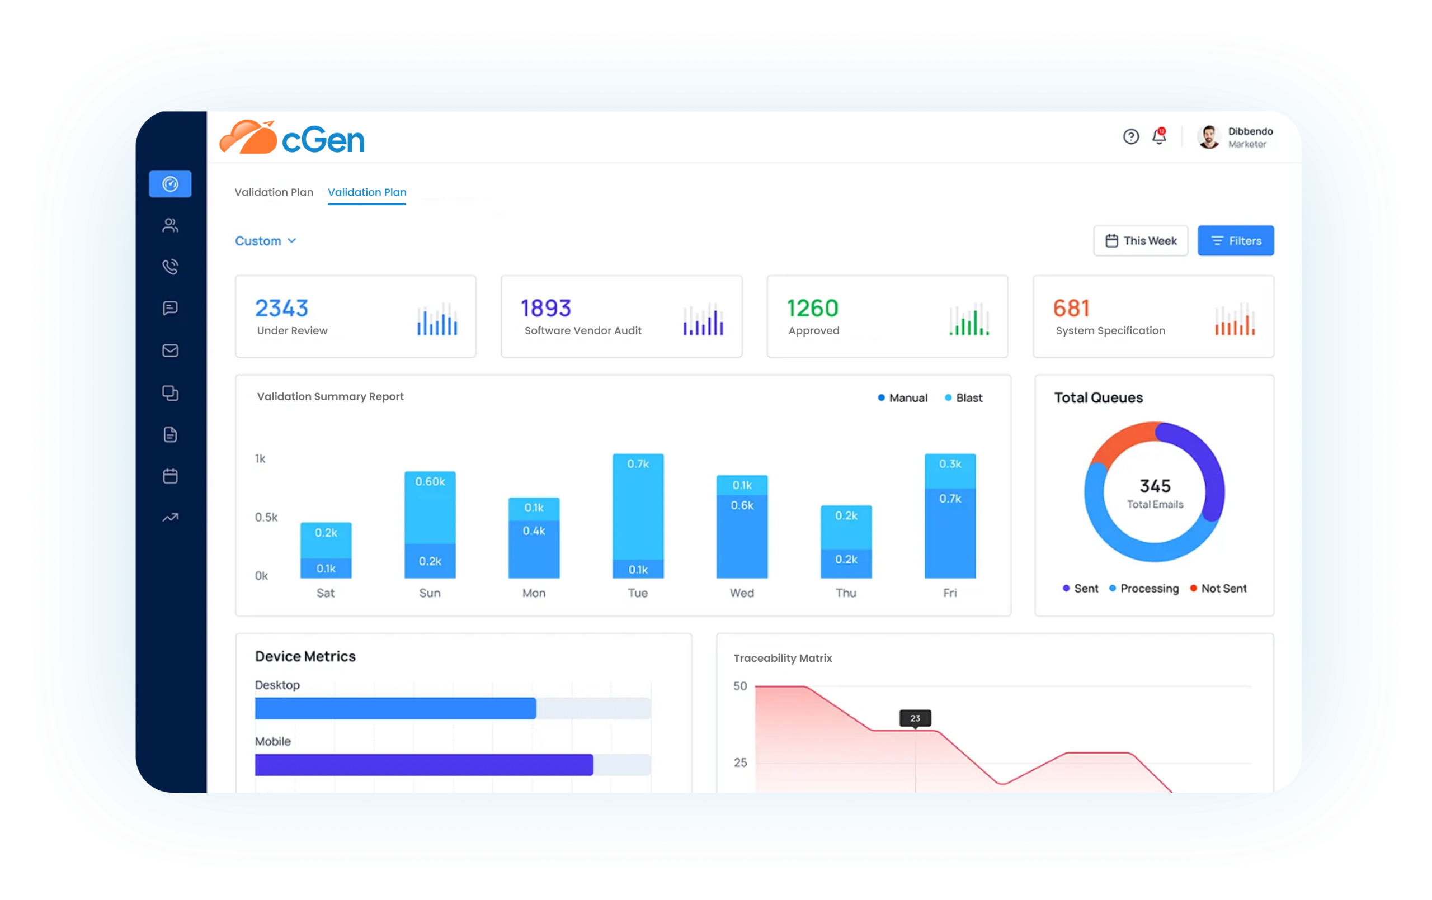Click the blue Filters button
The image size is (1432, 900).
[1235, 241]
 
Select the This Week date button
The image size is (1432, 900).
[1140, 241]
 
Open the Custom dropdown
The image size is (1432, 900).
[265, 241]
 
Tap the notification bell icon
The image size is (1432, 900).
[1158, 136]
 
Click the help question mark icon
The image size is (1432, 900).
[1130, 137]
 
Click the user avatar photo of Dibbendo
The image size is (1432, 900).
[1208, 137]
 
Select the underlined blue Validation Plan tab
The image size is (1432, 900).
[367, 192]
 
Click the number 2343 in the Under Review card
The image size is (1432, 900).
[281, 308]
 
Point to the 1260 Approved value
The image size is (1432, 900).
[812, 308]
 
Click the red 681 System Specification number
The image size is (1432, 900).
[1071, 308]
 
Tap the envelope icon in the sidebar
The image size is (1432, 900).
[170, 350]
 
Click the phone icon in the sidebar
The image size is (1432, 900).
[170, 266]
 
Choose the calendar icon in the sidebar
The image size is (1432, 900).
[170, 476]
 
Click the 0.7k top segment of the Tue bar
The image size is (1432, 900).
[638, 505]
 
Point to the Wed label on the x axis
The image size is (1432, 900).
[742, 593]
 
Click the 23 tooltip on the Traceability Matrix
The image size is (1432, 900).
[915, 718]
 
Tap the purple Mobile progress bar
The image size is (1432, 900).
[423, 765]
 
